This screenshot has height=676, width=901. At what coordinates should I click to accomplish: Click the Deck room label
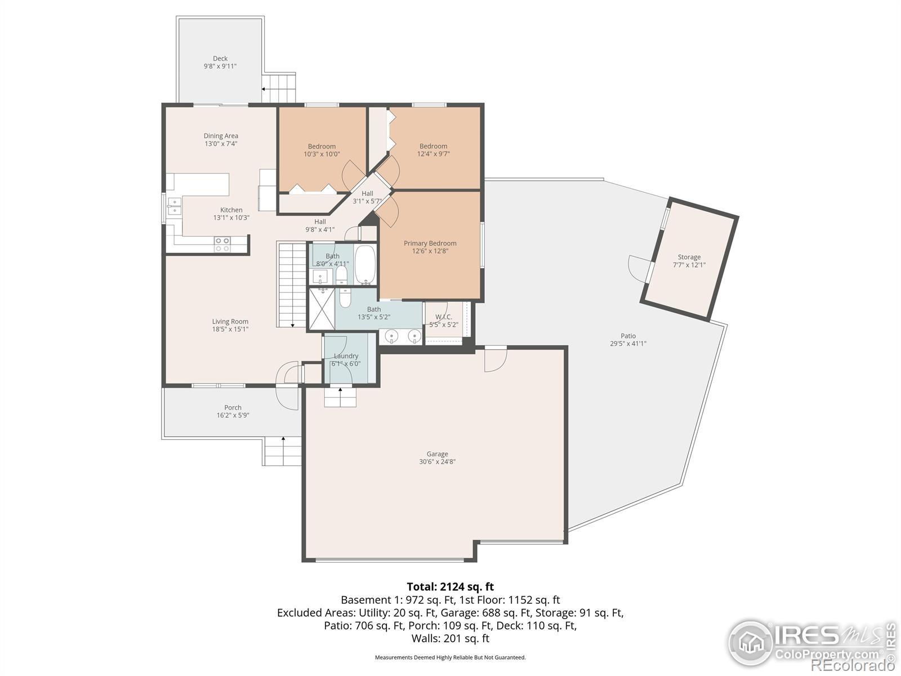(220, 59)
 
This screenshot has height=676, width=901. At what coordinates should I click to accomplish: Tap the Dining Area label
(221, 136)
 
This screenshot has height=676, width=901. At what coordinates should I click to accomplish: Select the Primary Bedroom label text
(430, 243)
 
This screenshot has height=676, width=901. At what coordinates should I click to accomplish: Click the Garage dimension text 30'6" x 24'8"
(437, 461)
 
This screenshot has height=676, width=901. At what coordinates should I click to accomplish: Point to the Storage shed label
(689, 257)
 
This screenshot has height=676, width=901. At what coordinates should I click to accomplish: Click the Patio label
(628, 336)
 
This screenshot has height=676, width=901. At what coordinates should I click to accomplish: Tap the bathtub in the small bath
(365, 265)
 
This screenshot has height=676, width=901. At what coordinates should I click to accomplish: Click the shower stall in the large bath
(322, 309)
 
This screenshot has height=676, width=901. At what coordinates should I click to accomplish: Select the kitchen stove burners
(222, 244)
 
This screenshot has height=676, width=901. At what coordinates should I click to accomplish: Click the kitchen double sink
(175, 206)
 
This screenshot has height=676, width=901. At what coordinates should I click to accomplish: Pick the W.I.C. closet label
(443, 317)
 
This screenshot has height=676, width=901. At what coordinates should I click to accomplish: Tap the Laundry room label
(346, 356)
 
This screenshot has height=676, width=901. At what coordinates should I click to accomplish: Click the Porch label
(233, 407)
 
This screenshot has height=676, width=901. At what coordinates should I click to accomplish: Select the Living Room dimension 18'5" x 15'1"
(230, 329)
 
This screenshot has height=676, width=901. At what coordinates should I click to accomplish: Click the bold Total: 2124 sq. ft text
(450, 586)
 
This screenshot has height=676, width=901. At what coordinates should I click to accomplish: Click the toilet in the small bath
(341, 275)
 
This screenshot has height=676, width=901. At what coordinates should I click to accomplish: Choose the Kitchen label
(231, 210)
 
